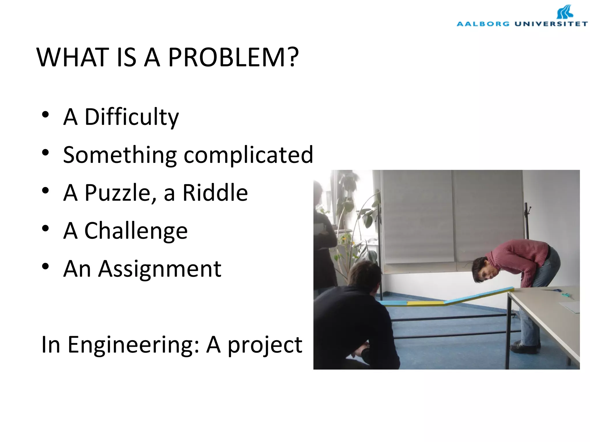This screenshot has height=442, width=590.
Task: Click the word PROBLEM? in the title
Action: point(233,57)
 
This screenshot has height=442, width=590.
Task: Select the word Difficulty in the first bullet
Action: point(132,117)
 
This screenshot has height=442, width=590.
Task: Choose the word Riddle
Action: point(215,193)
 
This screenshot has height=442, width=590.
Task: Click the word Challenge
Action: point(136,231)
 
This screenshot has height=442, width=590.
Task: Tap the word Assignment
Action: point(160,269)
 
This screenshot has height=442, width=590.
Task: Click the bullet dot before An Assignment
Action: point(45,266)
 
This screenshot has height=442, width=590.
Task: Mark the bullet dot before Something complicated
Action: point(45,153)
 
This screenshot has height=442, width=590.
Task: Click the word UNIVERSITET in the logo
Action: point(551,24)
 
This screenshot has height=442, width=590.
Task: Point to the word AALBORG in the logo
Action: point(483,24)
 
